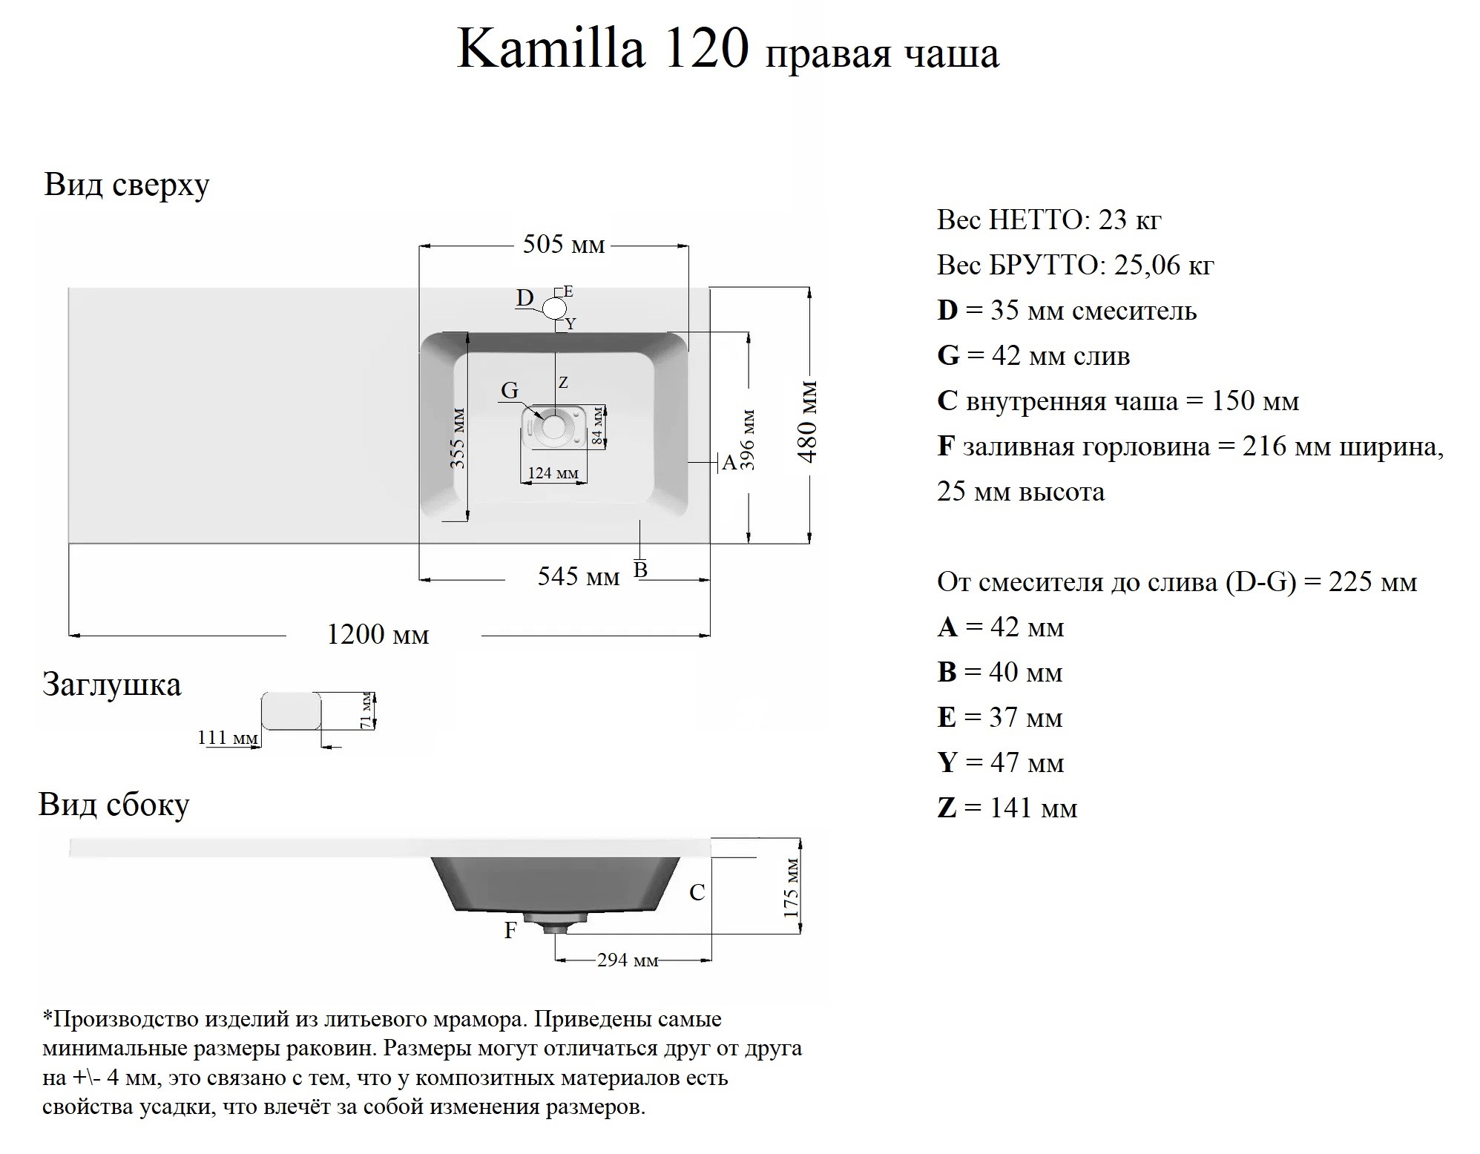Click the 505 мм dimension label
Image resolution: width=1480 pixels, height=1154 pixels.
[x=564, y=244]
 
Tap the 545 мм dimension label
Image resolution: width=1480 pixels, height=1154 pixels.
[x=579, y=576]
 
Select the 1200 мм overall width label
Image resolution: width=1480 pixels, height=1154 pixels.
[x=378, y=635]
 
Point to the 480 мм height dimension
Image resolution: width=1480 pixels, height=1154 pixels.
[x=809, y=422]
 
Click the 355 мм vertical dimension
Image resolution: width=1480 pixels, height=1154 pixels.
[x=458, y=438]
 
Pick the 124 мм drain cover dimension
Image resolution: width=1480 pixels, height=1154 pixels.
[x=553, y=472]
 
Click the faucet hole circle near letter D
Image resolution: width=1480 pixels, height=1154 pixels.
[x=555, y=307]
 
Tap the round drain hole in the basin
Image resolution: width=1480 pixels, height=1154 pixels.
[x=553, y=426]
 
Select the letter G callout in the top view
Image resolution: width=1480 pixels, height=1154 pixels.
[x=510, y=390]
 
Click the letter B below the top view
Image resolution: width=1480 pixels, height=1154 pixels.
[x=641, y=570]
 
